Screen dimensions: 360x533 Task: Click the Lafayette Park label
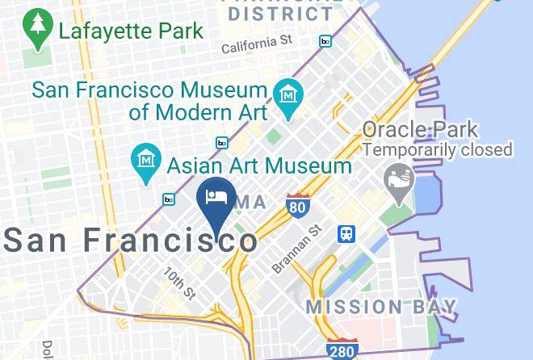[131, 32]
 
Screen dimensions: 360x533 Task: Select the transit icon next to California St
[325, 41]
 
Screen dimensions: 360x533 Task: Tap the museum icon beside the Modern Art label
[287, 95]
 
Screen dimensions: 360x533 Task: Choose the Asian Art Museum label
[259, 166]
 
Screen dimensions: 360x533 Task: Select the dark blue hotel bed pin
[216, 199]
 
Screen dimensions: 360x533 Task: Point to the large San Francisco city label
[132, 240]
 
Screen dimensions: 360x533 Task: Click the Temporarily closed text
[438, 149]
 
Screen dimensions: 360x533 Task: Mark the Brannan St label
[298, 249]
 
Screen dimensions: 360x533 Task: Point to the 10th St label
[180, 282]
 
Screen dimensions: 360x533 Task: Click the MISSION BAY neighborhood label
[381, 307]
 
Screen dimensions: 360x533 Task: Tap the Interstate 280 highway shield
[342, 350]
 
